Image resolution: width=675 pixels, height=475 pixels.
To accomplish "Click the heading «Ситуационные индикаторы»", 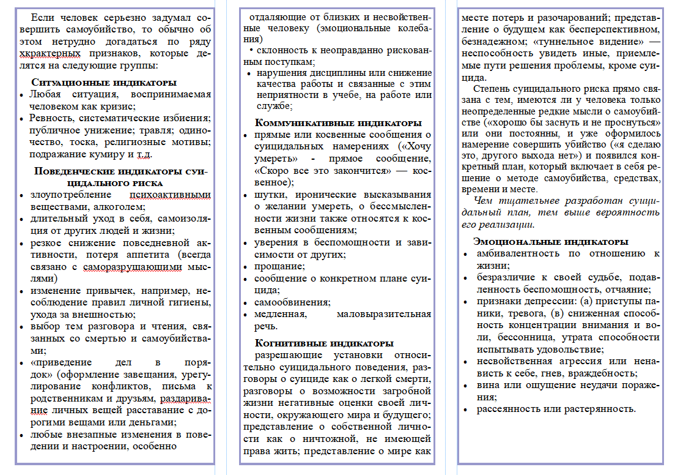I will [x=104, y=82].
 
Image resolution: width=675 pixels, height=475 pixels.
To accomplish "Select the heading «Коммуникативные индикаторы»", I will [x=338, y=122].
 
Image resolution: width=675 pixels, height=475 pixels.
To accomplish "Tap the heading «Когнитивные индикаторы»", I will [x=324, y=343].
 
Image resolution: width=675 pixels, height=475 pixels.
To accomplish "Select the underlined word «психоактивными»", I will [x=171, y=195].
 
